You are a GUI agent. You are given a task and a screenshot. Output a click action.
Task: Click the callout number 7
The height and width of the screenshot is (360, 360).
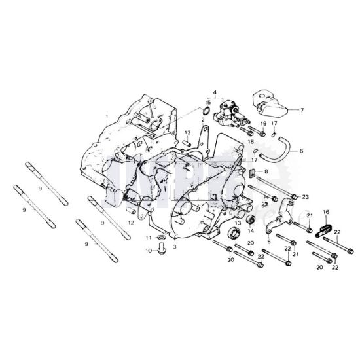302,111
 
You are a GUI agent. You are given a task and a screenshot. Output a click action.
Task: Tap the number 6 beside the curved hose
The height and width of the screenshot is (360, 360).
302,151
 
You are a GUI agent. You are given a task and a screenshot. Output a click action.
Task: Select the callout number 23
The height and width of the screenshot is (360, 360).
305,197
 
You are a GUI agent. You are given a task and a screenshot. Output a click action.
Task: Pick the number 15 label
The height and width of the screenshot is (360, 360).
207,103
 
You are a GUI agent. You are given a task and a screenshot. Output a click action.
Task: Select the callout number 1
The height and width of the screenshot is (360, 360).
107,116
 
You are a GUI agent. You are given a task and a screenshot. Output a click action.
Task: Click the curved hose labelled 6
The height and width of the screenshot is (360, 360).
276,149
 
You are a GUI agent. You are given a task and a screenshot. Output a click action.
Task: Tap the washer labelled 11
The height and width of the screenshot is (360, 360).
161,237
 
